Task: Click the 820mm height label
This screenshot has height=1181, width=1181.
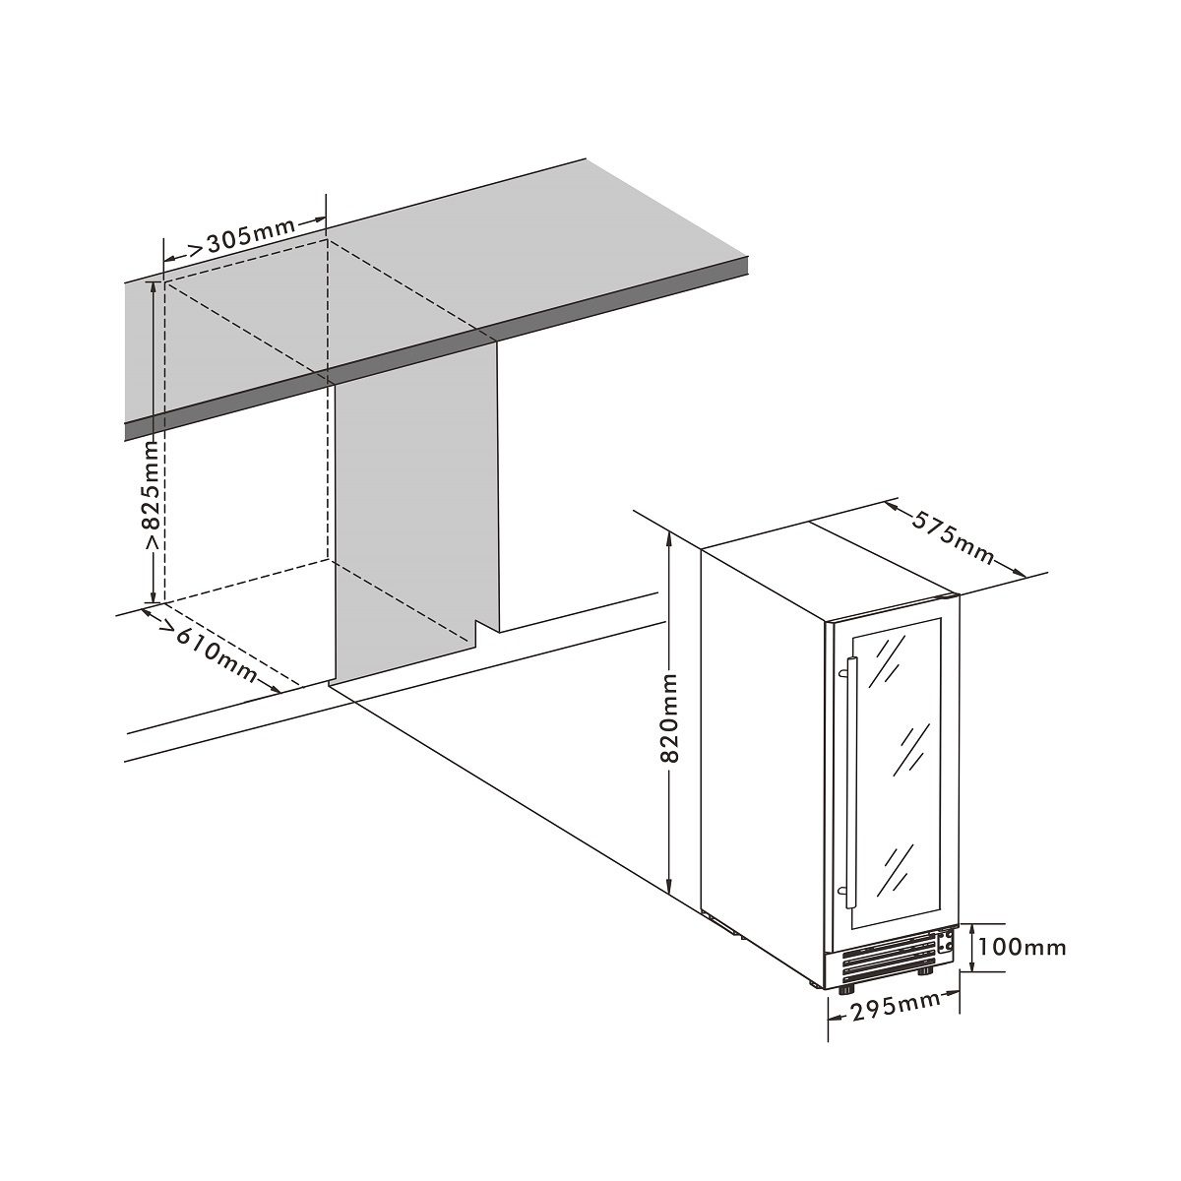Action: [669, 718]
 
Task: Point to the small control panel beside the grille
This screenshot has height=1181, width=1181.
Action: [945, 943]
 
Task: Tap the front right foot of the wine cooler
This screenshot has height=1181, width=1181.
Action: [926, 971]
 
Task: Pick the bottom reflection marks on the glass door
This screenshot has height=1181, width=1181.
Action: [896, 866]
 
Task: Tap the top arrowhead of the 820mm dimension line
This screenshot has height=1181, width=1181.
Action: [669, 537]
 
